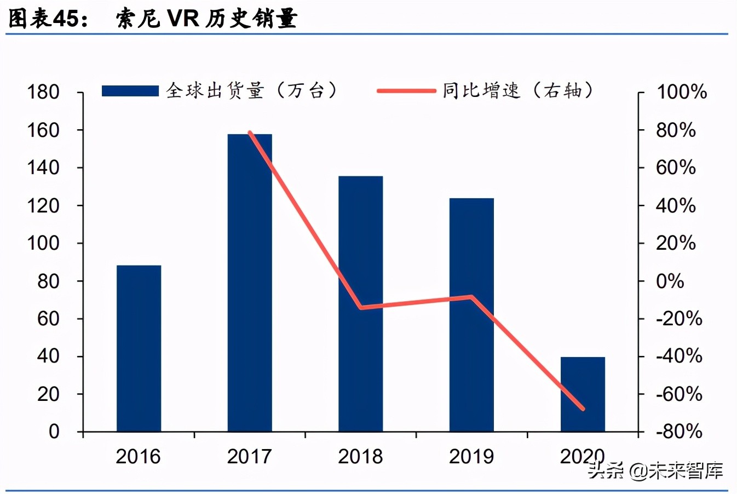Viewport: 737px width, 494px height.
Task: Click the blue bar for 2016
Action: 139,348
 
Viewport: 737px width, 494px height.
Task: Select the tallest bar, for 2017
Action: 250,283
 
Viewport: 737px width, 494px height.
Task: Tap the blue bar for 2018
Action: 360,304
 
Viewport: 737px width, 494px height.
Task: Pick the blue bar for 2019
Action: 471,315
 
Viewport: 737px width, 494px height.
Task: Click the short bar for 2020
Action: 583,394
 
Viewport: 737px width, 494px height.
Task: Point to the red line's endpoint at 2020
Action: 583,409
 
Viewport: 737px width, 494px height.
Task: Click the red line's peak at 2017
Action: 250,133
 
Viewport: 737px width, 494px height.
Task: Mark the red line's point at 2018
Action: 361,308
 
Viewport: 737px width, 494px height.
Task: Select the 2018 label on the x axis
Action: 360,456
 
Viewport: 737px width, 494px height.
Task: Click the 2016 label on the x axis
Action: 138,456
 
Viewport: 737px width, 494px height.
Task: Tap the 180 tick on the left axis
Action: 43,92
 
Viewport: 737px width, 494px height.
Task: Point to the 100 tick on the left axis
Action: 43,243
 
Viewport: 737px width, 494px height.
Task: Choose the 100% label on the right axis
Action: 681,92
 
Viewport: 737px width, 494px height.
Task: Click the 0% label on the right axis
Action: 670,281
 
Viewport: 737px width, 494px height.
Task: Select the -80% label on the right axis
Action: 679,432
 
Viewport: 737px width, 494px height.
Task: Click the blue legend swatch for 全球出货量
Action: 130,91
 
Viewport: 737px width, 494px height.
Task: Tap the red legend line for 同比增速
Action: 406,91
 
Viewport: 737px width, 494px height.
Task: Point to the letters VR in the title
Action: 183,19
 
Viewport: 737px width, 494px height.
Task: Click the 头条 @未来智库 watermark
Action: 656,470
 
